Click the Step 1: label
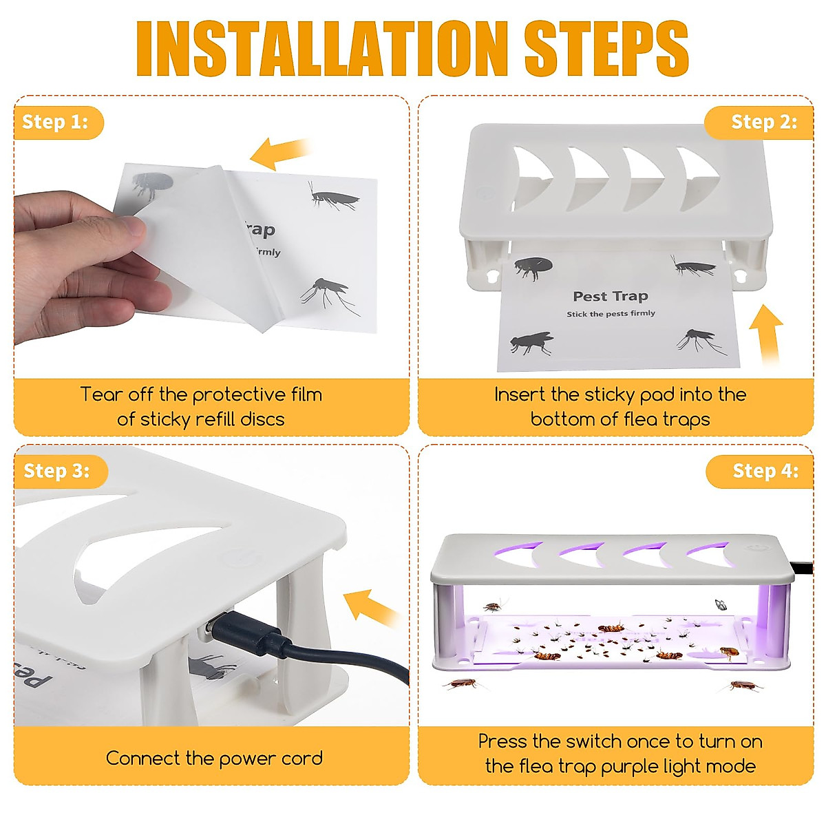(x=56, y=123)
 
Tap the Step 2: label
(x=763, y=123)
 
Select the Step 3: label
(x=57, y=471)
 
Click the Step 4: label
(x=765, y=471)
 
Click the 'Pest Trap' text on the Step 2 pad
(x=610, y=297)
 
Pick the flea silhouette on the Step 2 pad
(x=533, y=267)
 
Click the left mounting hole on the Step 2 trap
(x=492, y=275)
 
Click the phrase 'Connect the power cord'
(x=214, y=759)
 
